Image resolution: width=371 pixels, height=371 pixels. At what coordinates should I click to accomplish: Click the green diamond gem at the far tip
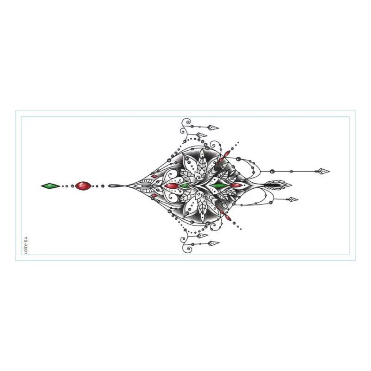point(51,186)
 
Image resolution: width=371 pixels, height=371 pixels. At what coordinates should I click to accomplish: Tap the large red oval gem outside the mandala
point(83,186)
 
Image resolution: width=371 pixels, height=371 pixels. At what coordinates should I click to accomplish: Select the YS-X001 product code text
point(26,245)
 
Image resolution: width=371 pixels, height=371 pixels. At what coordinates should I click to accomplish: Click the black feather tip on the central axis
point(278,185)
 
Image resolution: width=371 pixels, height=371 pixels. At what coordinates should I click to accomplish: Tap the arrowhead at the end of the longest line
point(324,171)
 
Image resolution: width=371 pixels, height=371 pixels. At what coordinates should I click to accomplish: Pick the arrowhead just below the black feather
point(293,199)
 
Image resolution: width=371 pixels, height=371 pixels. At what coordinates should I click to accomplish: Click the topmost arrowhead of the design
point(213,128)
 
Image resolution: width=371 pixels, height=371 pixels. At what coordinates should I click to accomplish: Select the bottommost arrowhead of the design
point(213,243)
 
